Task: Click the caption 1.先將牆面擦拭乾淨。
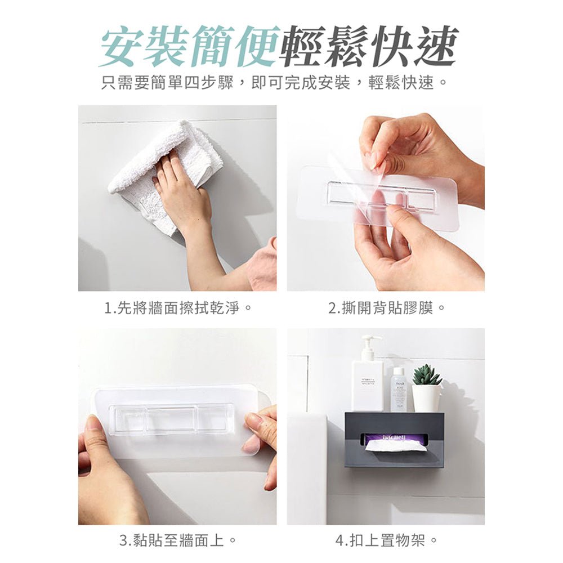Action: [177, 308]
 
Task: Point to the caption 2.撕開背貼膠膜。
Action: [386, 308]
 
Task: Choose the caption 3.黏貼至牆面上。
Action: [177, 541]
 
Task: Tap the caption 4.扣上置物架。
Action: [386, 541]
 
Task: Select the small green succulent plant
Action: [427, 376]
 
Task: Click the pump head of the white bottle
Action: [370, 342]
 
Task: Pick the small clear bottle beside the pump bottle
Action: [398, 390]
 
